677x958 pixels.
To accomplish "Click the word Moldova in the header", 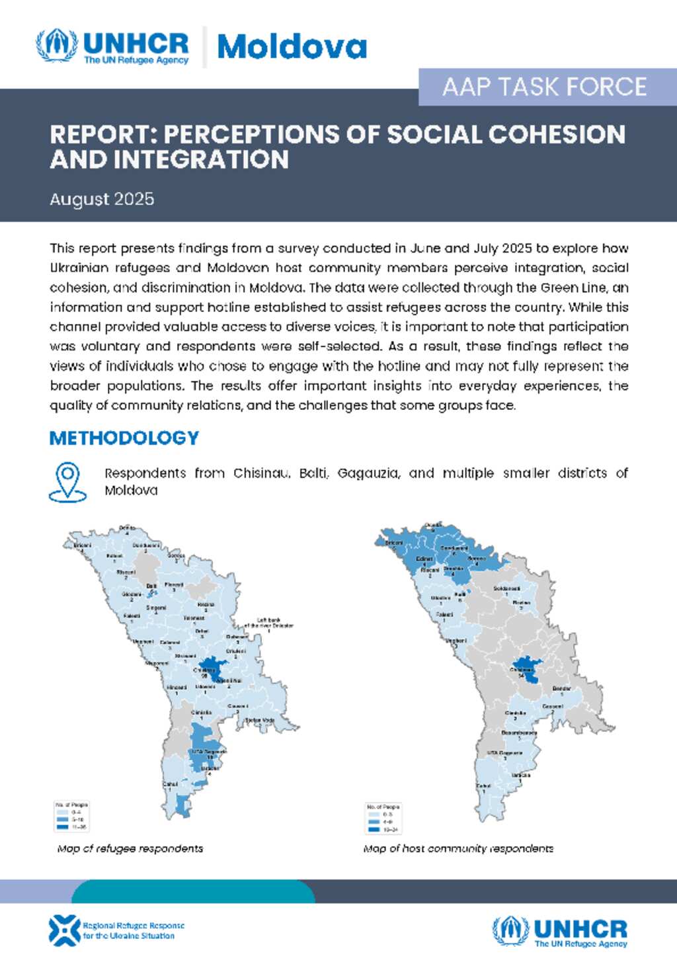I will tap(292, 47).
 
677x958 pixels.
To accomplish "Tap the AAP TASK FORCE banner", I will tap(544, 87).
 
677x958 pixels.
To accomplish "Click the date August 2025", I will tap(102, 199).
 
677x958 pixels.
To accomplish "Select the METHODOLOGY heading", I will tap(124, 438).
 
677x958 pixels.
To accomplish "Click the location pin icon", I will tap(67, 481).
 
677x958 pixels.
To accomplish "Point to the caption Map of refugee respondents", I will tap(130, 848).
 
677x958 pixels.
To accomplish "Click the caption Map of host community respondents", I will tap(458, 848).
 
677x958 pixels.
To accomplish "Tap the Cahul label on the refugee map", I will tap(170, 784).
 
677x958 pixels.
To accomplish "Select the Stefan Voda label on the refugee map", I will tap(260, 720).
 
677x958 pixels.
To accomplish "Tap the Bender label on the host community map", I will tap(561, 688).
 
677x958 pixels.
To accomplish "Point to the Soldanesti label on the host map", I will tap(506, 588).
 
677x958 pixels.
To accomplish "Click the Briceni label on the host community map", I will tap(394, 543).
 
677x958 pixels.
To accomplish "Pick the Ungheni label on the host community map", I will tap(456, 641).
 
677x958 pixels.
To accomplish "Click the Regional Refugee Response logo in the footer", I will tap(116, 930).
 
